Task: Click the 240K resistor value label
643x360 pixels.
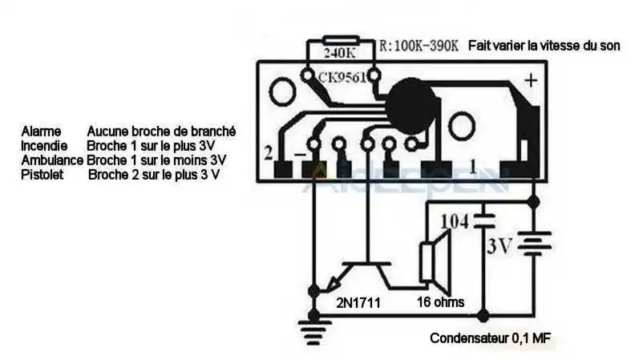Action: pyautogui.click(x=339, y=54)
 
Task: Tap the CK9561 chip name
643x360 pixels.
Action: pyautogui.click(x=342, y=78)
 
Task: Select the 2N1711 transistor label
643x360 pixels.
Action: pyautogui.click(x=358, y=303)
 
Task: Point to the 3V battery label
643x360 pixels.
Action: pyautogui.click(x=498, y=246)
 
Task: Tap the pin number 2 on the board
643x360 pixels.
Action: pyautogui.click(x=267, y=152)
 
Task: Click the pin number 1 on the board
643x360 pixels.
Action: pyautogui.click(x=473, y=167)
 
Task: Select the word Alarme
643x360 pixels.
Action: pyautogui.click(x=41, y=131)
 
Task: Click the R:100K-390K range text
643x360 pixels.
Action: pyautogui.click(x=419, y=46)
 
